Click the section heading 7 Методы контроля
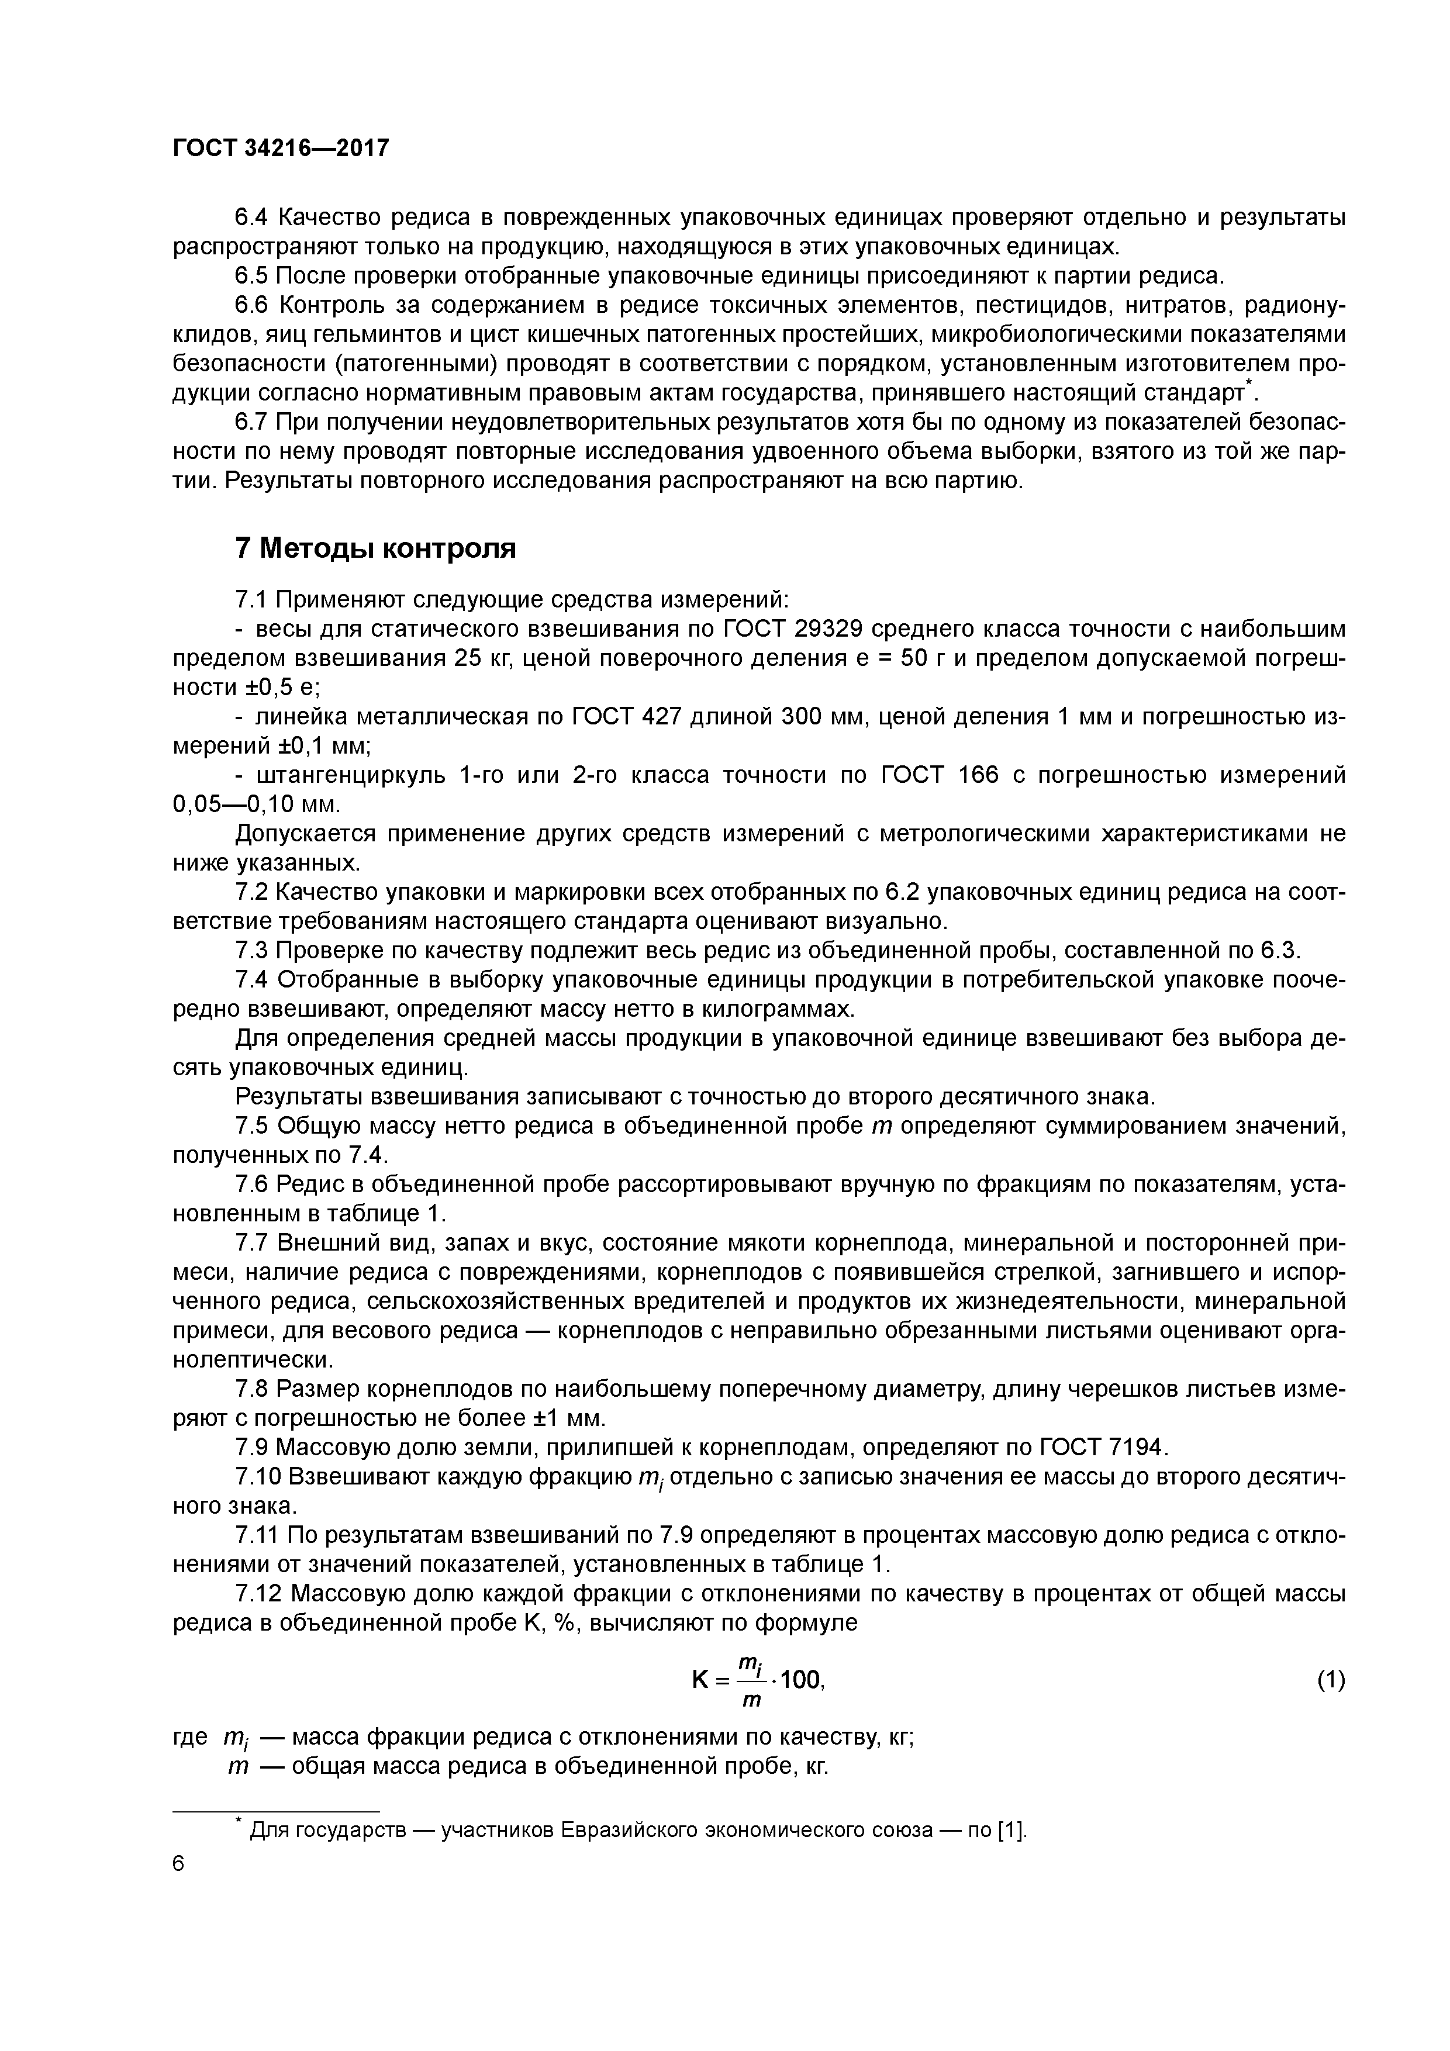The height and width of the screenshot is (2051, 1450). pos(375,548)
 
